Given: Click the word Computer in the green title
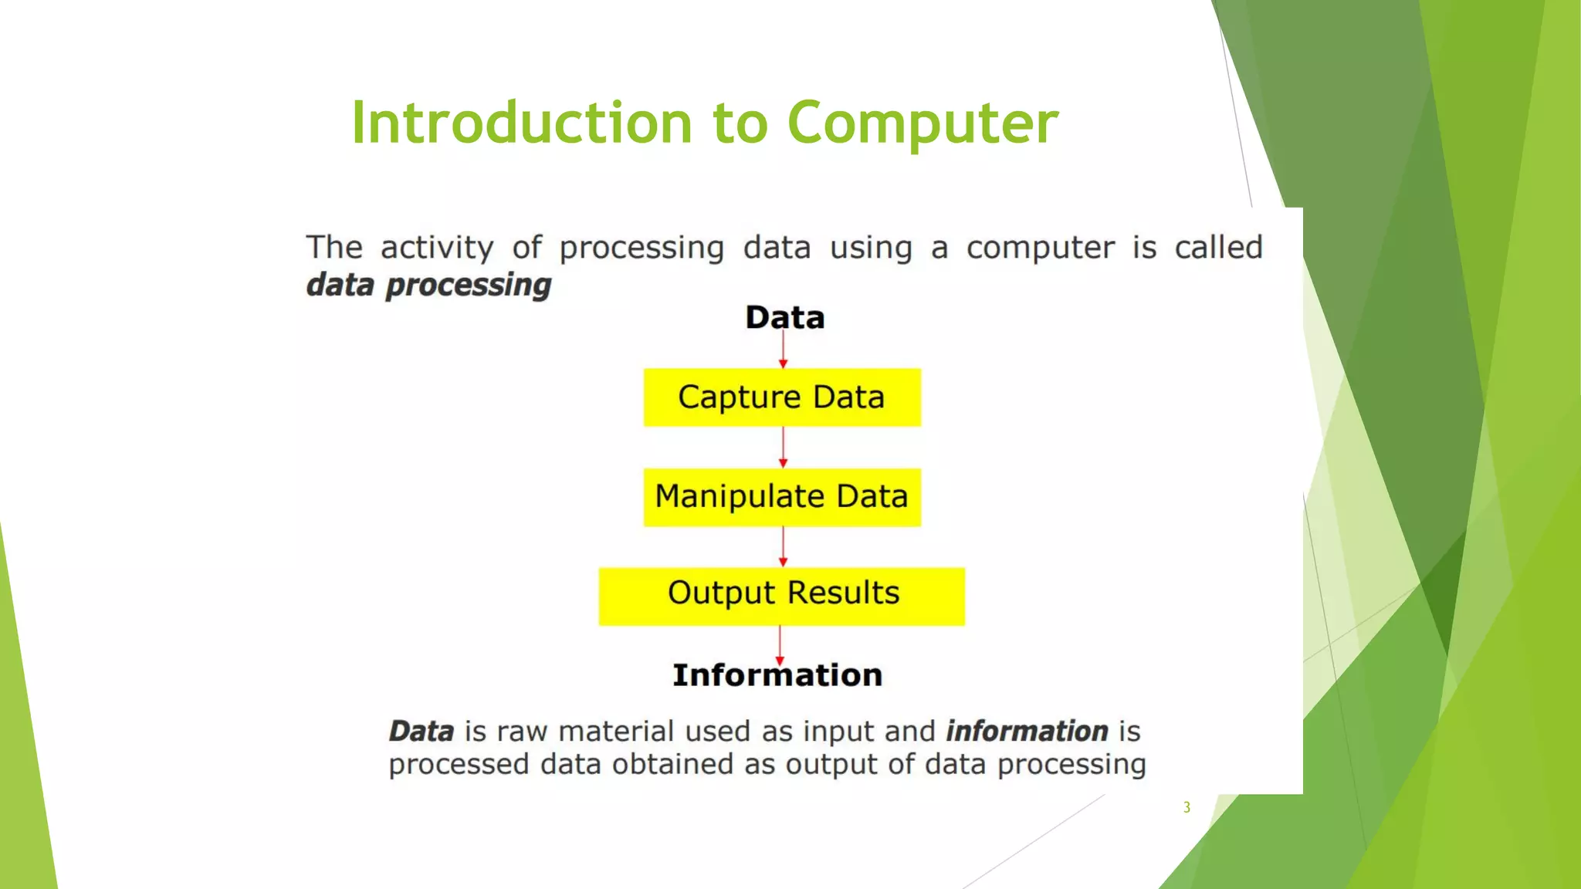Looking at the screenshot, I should [x=923, y=123].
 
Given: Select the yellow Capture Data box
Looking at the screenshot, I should [x=782, y=397].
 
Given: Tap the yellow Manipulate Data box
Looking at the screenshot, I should [x=782, y=497].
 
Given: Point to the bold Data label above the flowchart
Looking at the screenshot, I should [x=784, y=317].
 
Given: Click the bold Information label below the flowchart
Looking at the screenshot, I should [x=777, y=675].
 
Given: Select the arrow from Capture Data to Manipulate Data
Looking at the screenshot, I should [x=783, y=448].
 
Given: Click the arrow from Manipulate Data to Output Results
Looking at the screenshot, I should [x=783, y=547].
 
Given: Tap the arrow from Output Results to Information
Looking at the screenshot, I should [x=780, y=644].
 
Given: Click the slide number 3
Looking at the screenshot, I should [x=1187, y=807].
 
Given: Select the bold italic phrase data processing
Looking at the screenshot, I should [x=428, y=285].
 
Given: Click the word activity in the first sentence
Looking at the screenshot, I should [x=437, y=248].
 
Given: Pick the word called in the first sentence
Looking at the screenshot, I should [x=1218, y=248].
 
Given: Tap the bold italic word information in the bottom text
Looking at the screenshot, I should [x=1027, y=730].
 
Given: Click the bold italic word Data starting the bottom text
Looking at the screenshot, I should [x=421, y=731].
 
